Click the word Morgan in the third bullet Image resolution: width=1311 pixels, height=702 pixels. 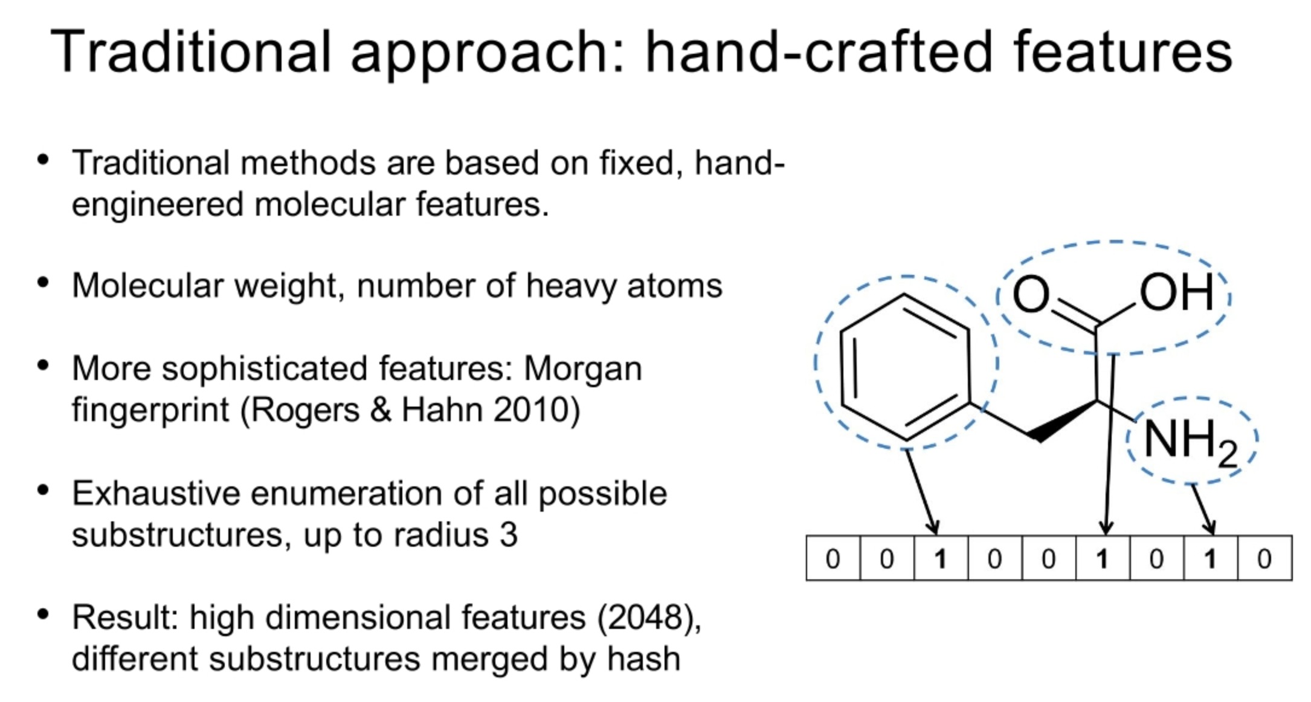point(582,369)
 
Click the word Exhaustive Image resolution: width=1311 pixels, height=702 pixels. point(156,494)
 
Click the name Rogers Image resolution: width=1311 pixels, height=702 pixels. point(305,410)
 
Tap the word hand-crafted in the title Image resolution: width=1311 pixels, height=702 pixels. point(819,52)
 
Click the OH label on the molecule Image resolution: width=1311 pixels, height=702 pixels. point(1176,292)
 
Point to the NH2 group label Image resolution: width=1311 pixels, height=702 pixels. point(1189,441)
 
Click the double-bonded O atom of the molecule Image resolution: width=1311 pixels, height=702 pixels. point(1030,294)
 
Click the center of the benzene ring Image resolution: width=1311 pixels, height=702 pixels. point(905,367)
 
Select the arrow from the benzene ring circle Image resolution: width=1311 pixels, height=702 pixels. point(921,492)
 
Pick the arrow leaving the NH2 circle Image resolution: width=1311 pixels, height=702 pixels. point(1202,509)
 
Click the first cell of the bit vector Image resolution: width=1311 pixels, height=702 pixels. point(833,559)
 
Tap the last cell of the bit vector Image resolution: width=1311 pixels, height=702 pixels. point(1264,559)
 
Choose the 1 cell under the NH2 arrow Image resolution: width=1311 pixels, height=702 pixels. point(1210,559)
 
